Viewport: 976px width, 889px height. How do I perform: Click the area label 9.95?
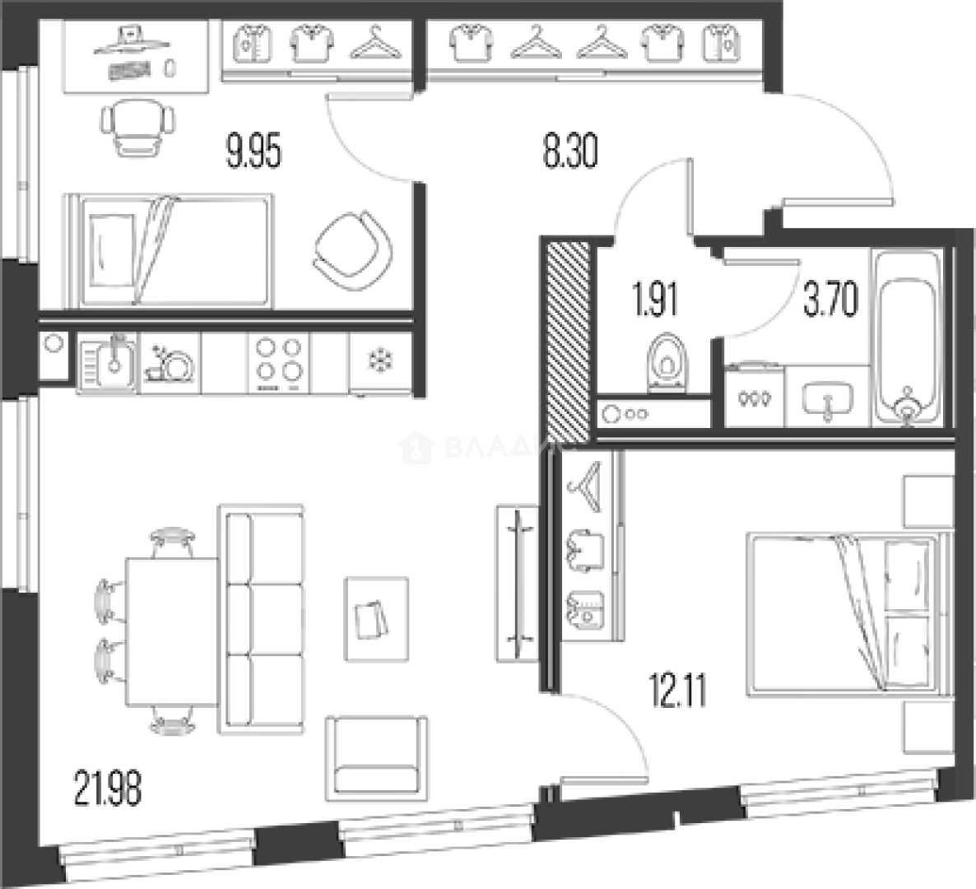click(x=253, y=152)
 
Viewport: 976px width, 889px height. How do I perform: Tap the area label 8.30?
click(x=569, y=151)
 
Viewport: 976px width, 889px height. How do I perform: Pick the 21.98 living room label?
click(x=108, y=788)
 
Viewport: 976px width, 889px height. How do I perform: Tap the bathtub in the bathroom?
click(x=906, y=337)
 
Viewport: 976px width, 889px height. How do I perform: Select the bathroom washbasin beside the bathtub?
click(x=827, y=399)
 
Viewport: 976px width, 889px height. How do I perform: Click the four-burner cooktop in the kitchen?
click(x=279, y=361)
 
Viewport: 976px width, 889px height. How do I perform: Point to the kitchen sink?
click(x=109, y=362)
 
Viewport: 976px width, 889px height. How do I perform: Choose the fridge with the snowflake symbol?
click(x=379, y=362)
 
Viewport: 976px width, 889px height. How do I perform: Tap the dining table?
click(x=171, y=631)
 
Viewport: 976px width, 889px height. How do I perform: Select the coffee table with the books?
click(x=377, y=618)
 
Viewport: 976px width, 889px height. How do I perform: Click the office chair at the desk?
click(x=137, y=128)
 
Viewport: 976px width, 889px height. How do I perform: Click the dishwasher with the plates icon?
click(x=170, y=362)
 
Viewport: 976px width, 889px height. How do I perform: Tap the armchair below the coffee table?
click(x=375, y=757)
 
